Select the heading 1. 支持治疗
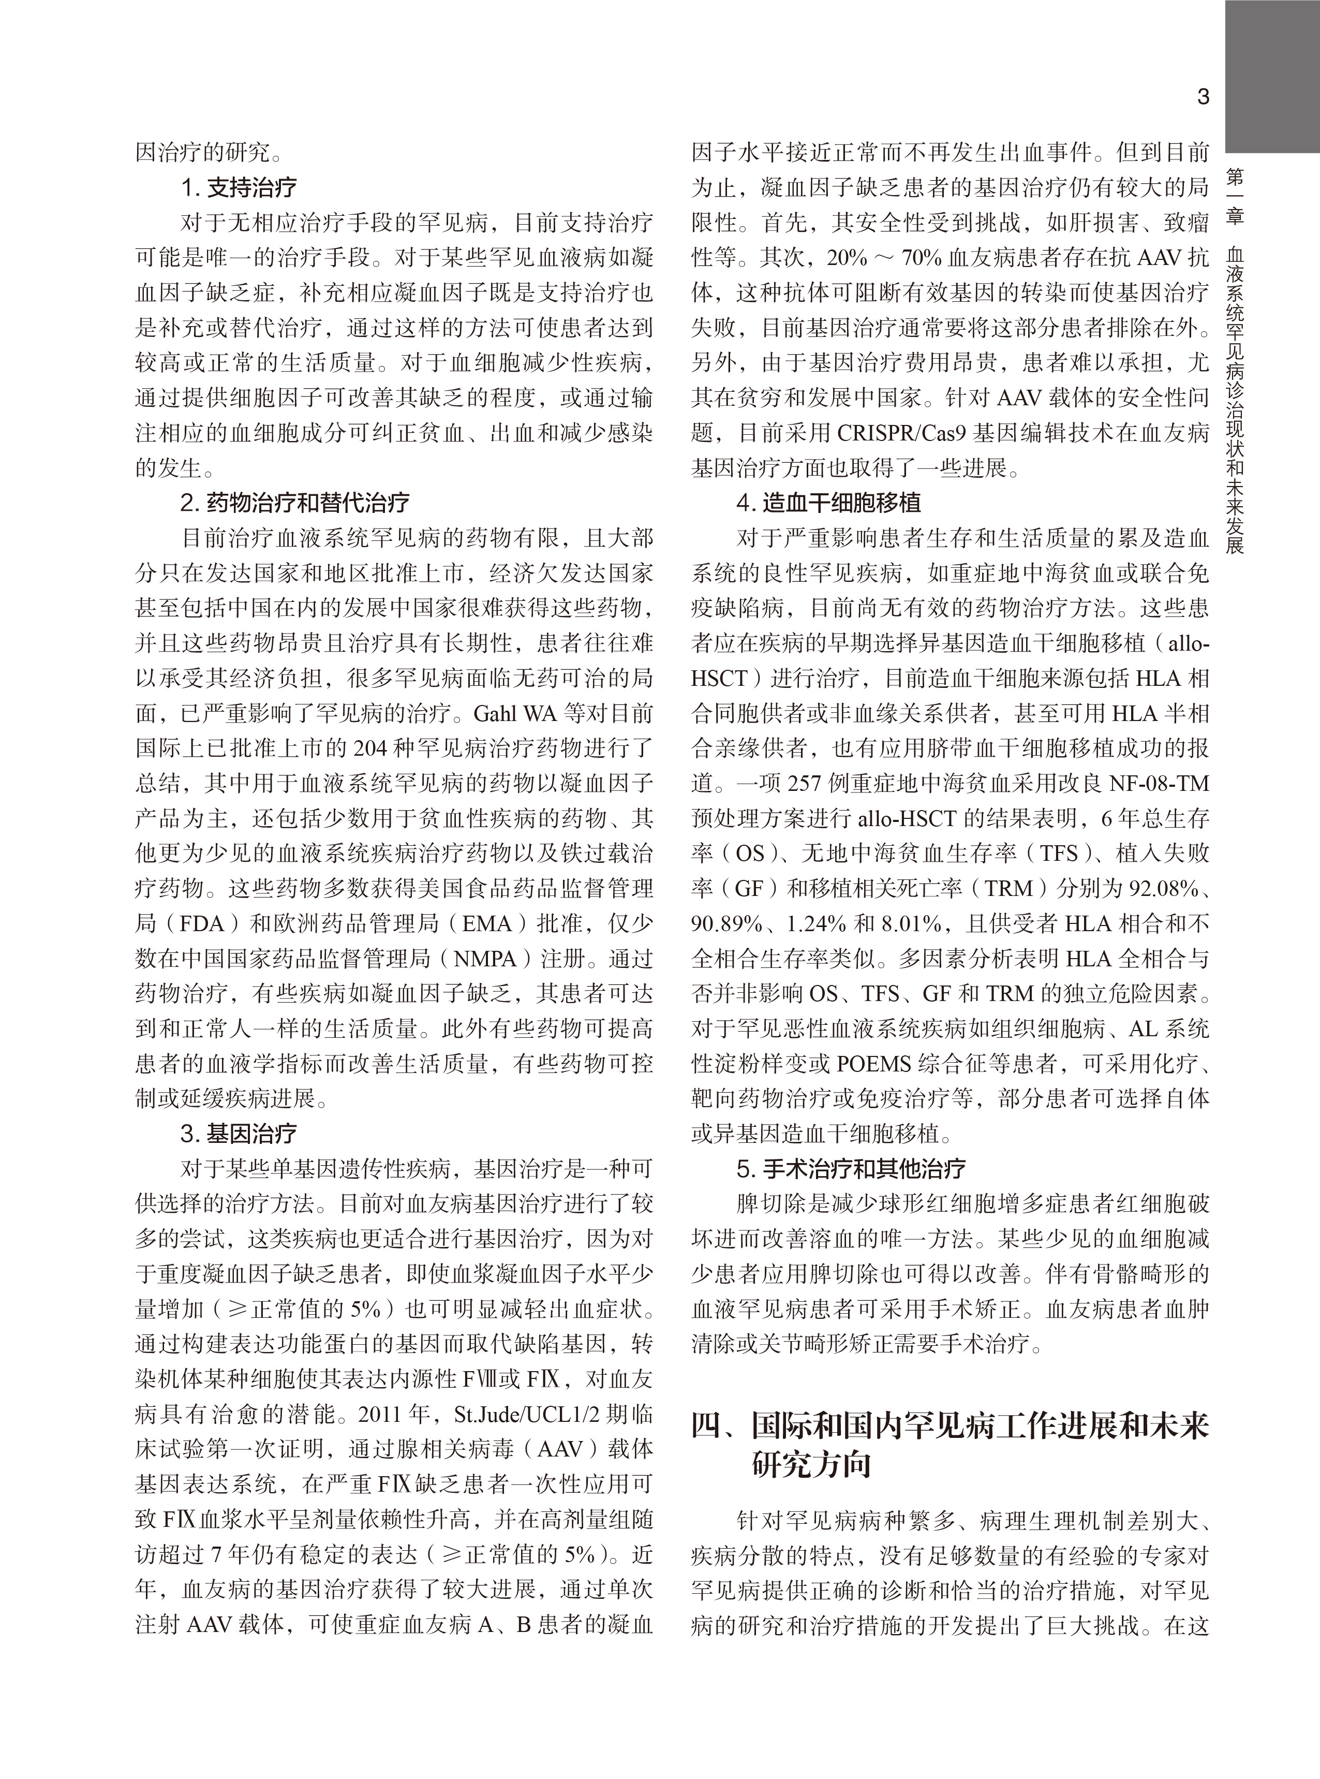tap(239, 188)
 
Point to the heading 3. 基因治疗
tap(239, 1133)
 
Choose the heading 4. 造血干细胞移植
tap(828, 503)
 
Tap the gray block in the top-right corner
tap(1272, 76)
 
